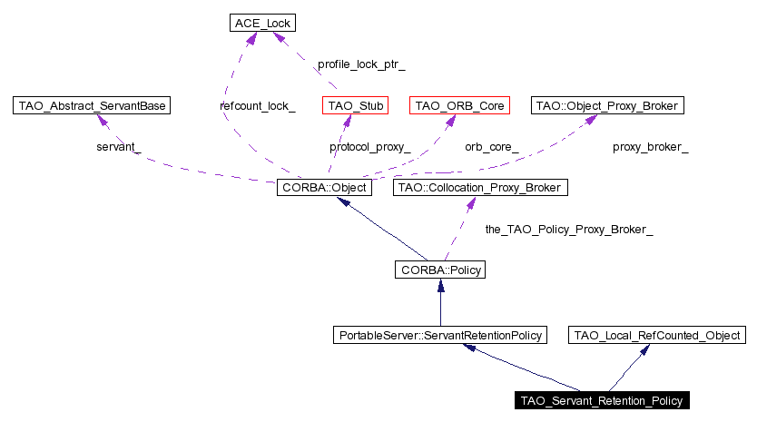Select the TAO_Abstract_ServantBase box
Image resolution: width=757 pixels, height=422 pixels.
(x=92, y=106)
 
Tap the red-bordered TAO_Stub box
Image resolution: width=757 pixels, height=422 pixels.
(x=355, y=106)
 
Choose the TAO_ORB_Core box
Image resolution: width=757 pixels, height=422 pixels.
(x=458, y=106)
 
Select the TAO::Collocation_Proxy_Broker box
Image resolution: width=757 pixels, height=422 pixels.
(x=479, y=188)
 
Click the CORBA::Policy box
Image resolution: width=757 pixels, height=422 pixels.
(x=440, y=270)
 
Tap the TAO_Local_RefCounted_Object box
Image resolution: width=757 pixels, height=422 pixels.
(x=658, y=335)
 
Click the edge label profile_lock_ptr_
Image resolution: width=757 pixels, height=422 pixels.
(x=361, y=65)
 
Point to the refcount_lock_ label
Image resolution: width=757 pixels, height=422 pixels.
(x=258, y=106)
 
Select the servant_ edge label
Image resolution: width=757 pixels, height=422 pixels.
(x=119, y=147)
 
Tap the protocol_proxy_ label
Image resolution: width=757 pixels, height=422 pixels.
(x=369, y=147)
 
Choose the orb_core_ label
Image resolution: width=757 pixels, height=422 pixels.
(x=492, y=147)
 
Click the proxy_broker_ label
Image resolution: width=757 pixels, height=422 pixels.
(x=650, y=147)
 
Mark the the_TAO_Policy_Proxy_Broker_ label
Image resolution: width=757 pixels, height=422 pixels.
(x=569, y=231)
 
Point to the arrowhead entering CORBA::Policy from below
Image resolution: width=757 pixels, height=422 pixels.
(x=440, y=285)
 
